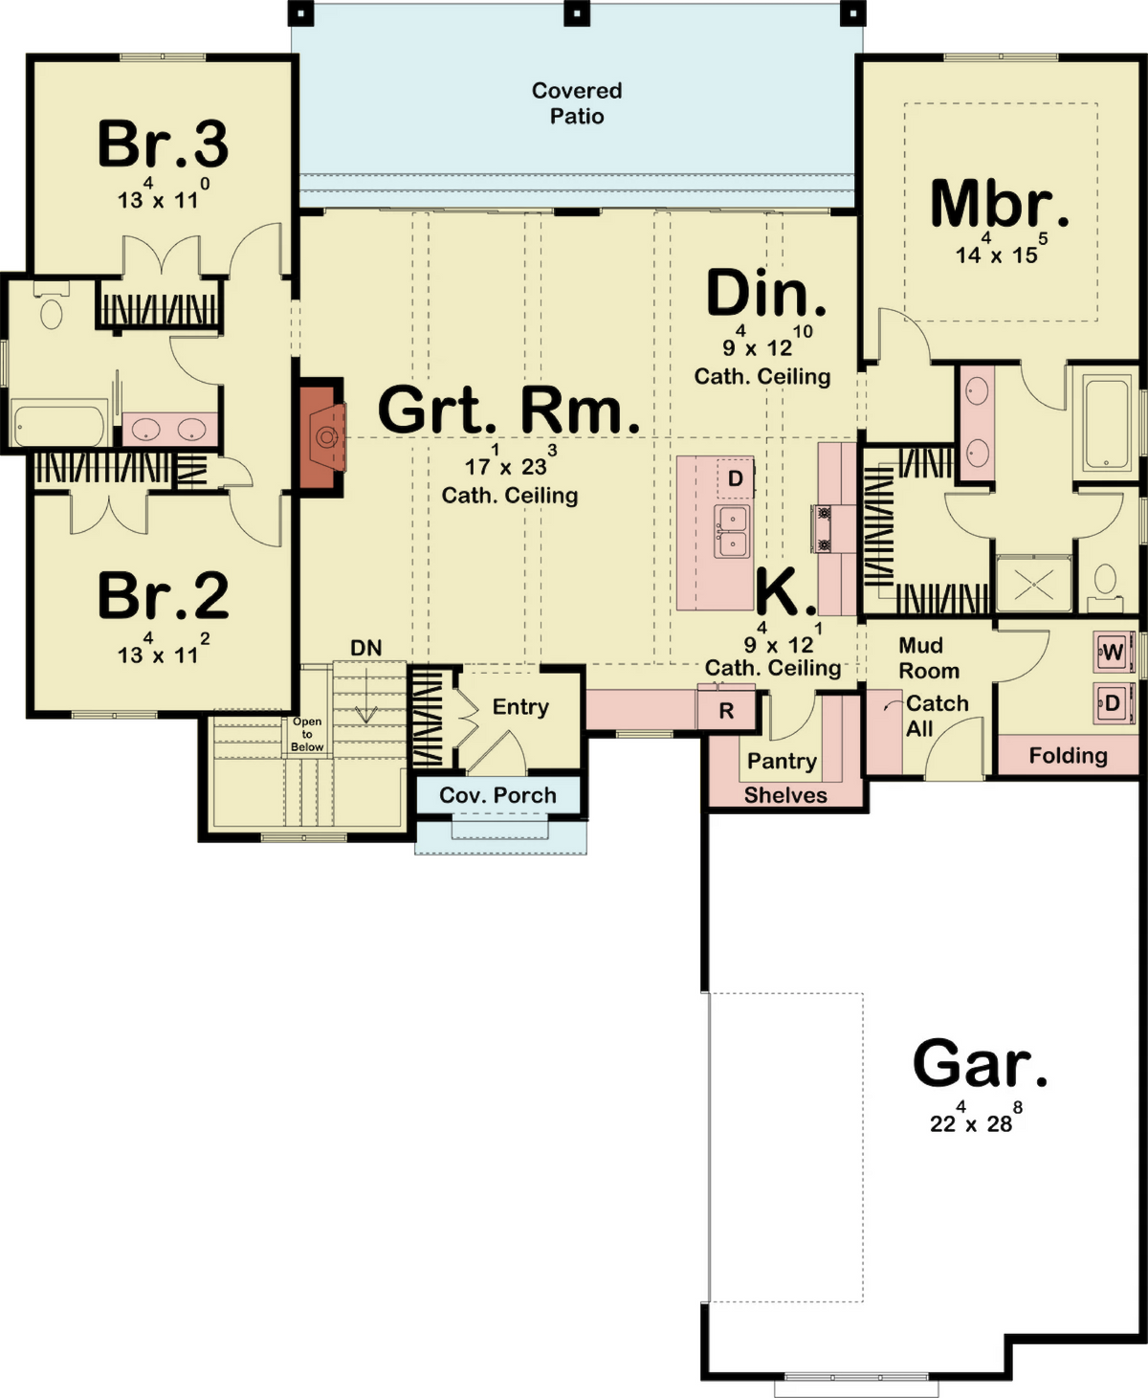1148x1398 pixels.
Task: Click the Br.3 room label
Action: click(163, 144)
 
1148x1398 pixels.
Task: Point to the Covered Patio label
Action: click(577, 103)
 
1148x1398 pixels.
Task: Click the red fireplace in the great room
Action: click(323, 437)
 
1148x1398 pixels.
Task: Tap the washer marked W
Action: click(1113, 653)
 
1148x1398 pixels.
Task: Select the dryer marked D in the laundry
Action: click(1113, 702)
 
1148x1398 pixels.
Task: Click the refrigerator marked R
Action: click(726, 710)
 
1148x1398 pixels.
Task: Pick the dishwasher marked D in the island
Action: click(736, 477)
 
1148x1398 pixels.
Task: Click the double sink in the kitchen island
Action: click(732, 531)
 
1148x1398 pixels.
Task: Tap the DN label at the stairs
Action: click(365, 648)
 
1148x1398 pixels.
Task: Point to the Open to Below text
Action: click(307, 734)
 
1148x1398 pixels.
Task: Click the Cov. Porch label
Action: click(497, 795)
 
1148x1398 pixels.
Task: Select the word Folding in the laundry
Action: click(1068, 756)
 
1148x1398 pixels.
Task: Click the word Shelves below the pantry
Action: click(785, 795)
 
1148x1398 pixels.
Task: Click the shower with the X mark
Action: click(1033, 584)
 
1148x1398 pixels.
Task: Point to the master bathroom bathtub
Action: click(1106, 422)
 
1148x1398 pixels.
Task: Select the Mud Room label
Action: click(929, 657)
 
